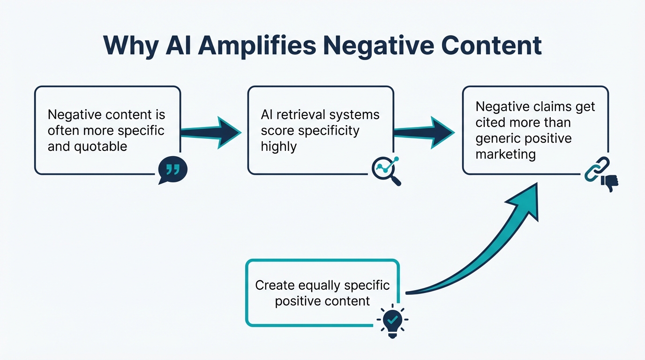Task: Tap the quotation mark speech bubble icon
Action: [172, 170]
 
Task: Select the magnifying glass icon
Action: [386, 171]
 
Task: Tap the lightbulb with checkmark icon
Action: [392, 321]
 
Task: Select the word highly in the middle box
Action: [279, 147]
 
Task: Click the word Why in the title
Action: [124, 46]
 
